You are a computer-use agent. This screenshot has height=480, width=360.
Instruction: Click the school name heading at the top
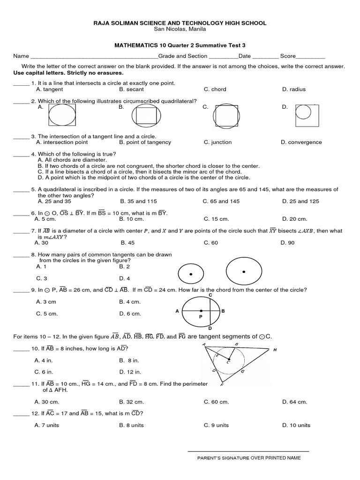pyautogui.click(x=180, y=22)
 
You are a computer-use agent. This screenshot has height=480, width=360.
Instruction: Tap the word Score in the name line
pyautogui.click(x=288, y=56)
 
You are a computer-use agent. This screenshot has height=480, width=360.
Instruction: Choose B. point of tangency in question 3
pyautogui.click(x=145, y=142)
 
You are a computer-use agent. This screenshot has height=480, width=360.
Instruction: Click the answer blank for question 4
pyautogui.click(x=21, y=155)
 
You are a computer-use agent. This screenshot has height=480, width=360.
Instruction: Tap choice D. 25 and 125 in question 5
pyautogui.click(x=300, y=201)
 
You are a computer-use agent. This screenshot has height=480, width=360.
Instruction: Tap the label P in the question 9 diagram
pyautogui.click(x=200, y=317)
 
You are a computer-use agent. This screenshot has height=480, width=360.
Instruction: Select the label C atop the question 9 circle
pyautogui.click(x=210, y=295)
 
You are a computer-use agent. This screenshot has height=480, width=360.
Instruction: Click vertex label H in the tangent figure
pyautogui.click(x=275, y=350)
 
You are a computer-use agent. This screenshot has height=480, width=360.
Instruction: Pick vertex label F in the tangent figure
pyautogui.click(x=221, y=385)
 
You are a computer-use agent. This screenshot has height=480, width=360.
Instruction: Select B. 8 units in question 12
pyautogui.click(x=132, y=425)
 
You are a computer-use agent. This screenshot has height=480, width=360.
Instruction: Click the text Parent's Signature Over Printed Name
pyautogui.click(x=248, y=458)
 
